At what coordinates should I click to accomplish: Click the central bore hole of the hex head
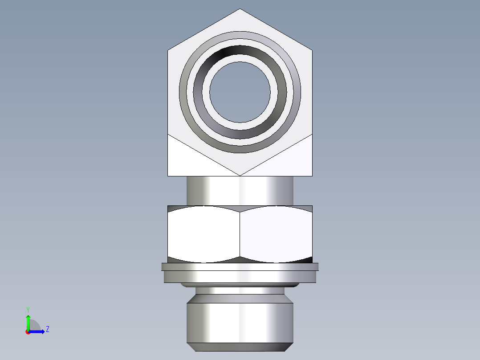(240, 92)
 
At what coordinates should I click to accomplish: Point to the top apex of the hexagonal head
(240, 9)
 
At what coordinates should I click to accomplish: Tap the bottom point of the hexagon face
(240, 175)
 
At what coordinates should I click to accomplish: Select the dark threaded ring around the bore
(240, 52)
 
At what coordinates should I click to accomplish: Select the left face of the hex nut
(203, 234)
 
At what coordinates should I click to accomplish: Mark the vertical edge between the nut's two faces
(240, 234)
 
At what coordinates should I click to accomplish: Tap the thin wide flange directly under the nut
(240, 266)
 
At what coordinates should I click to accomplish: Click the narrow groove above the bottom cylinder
(240, 291)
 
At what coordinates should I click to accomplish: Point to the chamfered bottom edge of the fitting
(240, 347)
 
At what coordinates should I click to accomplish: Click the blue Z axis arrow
(38, 331)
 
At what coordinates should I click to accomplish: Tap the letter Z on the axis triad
(47, 329)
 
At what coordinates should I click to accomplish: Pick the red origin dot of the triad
(28, 332)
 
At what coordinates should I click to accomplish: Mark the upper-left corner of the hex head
(168, 50)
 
